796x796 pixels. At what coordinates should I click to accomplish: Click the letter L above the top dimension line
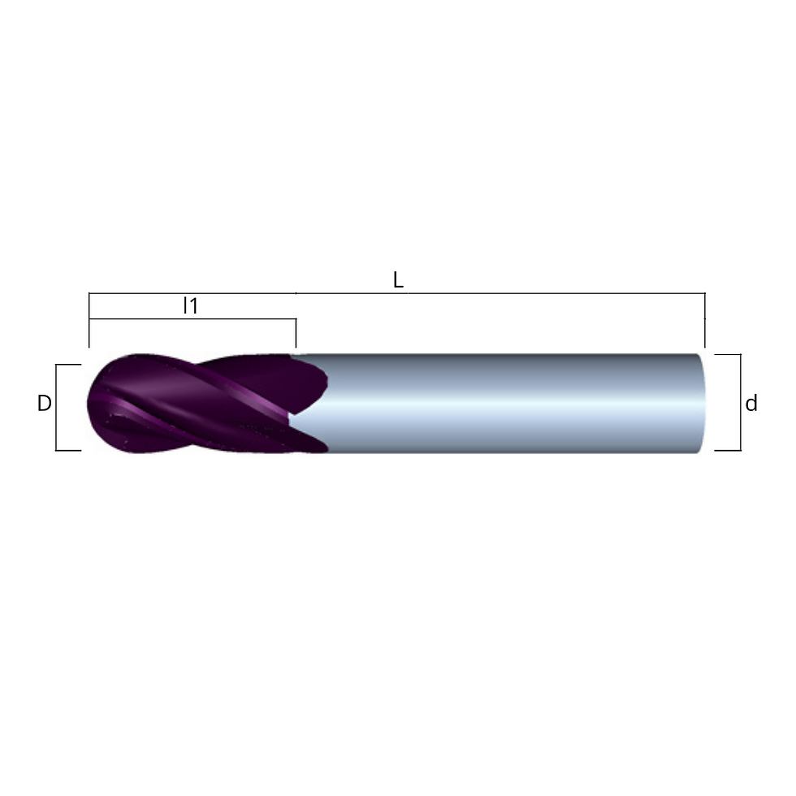click(398, 280)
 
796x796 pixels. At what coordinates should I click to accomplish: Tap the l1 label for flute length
click(190, 305)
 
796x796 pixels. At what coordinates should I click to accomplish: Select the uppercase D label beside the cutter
click(44, 404)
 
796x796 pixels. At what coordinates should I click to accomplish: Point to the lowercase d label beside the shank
click(751, 404)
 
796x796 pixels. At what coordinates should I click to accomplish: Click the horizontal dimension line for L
click(397, 293)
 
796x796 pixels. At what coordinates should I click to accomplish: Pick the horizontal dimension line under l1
click(193, 318)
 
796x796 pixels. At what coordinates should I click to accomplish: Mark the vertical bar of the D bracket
click(56, 407)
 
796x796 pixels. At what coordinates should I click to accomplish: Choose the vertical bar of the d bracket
click(740, 402)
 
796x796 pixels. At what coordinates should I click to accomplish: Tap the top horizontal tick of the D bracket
click(68, 365)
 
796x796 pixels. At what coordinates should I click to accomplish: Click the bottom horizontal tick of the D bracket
click(68, 450)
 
